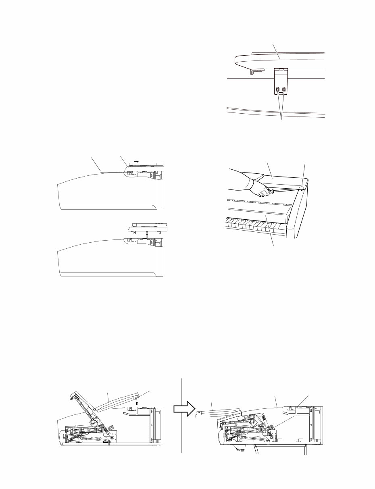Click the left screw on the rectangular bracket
pyautogui.click(x=278, y=89)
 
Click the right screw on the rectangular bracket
pyautogui.click(x=284, y=89)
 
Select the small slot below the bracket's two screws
pyautogui.click(x=281, y=95)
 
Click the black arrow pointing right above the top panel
pyautogui.click(x=137, y=161)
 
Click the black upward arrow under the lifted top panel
pyautogui.click(x=147, y=233)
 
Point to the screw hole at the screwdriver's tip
pyautogui.click(x=302, y=186)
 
